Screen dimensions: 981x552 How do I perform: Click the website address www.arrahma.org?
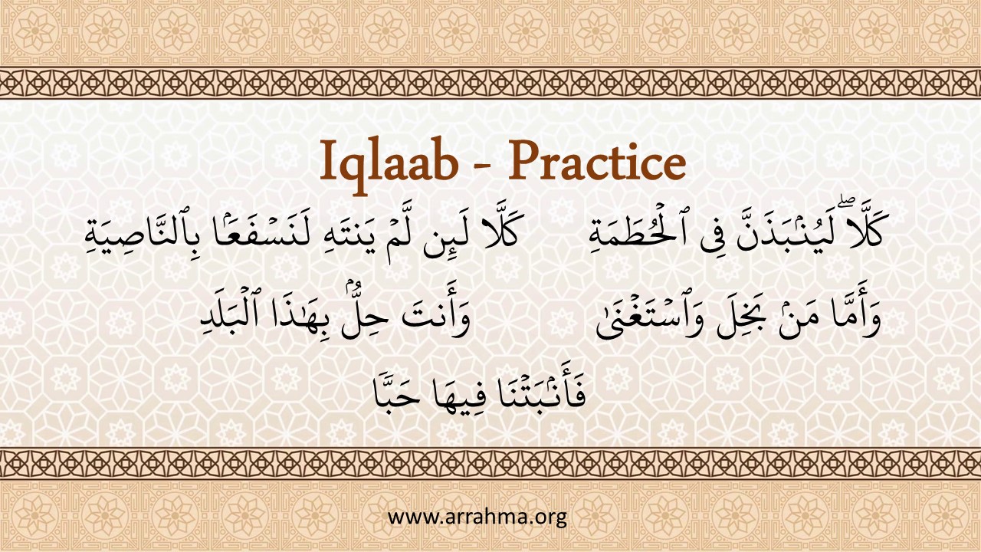477,517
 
